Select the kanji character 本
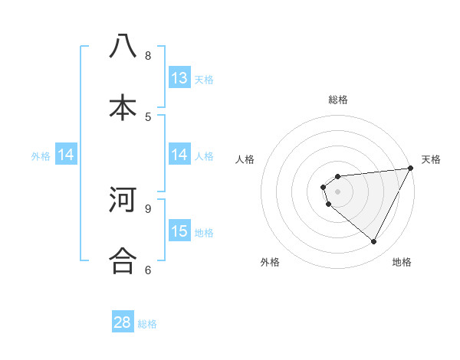tap(123, 107)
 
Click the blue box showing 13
tap(179, 78)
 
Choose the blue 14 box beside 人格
tap(179, 155)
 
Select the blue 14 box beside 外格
tap(66, 155)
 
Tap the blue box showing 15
tap(179, 231)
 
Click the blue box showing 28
tap(123, 322)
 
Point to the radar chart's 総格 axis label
tap(338, 100)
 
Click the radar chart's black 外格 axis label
tap(270, 262)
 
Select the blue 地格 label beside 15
tap(204, 232)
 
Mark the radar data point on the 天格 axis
tap(410, 169)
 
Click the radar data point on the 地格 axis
tap(374, 241)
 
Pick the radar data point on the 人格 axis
tap(324, 186)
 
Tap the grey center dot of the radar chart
tap(338, 191)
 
